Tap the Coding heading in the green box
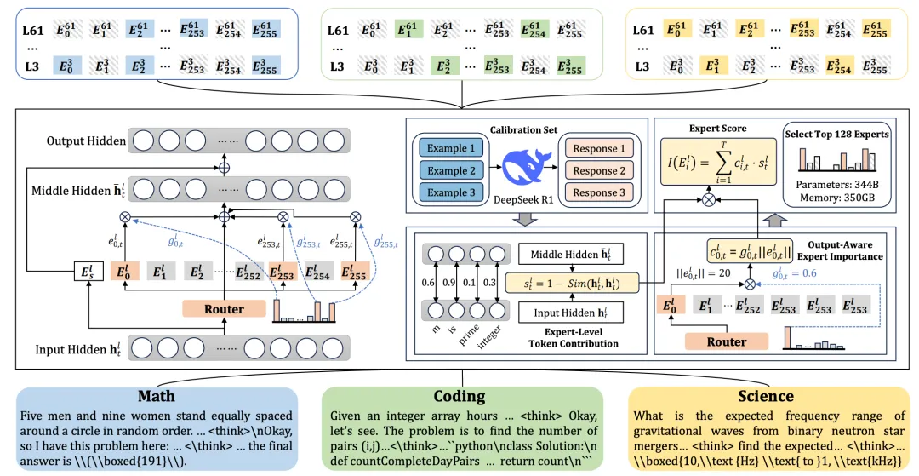coord(459,396)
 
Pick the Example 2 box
coord(451,170)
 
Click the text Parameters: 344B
coord(835,184)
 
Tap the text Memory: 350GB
coord(835,198)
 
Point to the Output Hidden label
coord(83,141)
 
